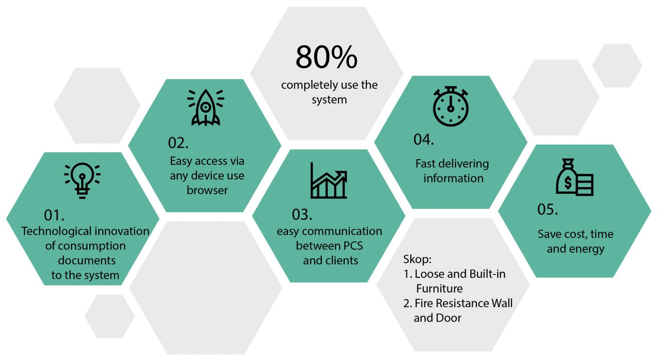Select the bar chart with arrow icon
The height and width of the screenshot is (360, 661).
pyautogui.click(x=329, y=180)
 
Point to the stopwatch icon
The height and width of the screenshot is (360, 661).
pyautogui.click(x=450, y=106)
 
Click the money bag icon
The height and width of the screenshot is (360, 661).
pyautogui.click(x=574, y=177)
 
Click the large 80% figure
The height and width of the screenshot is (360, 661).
pyautogui.click(x=326, y=57)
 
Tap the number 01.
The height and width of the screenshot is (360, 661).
pyautogui.click(x=54, y=215)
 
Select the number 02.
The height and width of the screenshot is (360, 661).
pyautogui.click(x=178, y=143)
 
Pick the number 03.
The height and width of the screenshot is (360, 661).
pyautogui.click(x=302, y=214)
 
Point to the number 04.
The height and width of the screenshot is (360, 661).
pyautogui.click(x=424, y=140)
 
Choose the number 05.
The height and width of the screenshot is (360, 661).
pyautogui.click(x=547, y=210)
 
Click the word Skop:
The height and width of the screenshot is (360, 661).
pyautogui.click(x=417, y=259)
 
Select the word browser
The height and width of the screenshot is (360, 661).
pyautogui.click(x=207, y=190)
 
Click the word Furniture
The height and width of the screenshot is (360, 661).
pyautogui.click(x=440, y=289)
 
